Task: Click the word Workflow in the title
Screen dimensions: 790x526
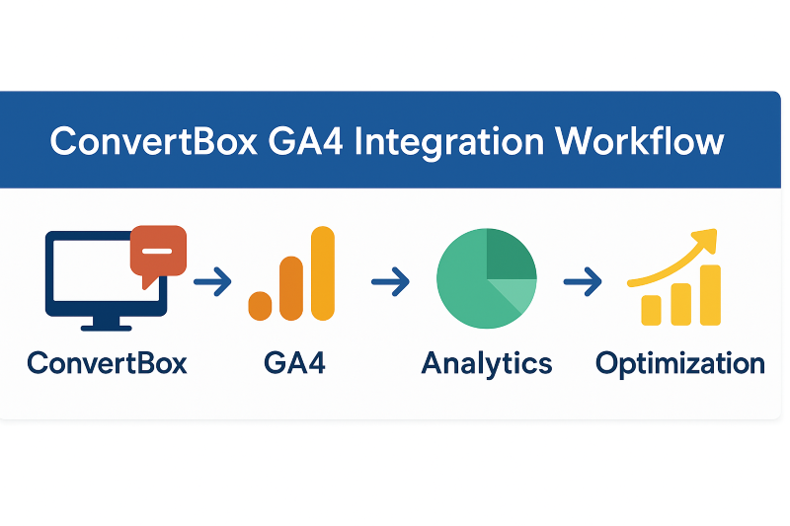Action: pos(639,140)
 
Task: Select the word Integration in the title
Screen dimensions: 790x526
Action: pos(449,143)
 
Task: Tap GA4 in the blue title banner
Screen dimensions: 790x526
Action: pos(306,141)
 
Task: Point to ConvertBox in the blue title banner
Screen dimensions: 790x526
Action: pos(154,141)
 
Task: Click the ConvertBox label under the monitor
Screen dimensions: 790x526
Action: pos(107,363)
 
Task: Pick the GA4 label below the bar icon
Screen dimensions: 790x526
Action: pos(294,363)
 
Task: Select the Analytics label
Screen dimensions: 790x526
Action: pos(487,364)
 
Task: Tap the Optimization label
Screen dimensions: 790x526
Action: pos(680,364)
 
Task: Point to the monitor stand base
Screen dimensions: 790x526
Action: pos(107,329)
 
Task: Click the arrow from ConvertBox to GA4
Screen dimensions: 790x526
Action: pos(212,281)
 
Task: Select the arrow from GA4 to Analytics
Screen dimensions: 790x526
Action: pos(390,281)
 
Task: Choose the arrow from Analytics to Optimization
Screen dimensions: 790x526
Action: pos(583,281)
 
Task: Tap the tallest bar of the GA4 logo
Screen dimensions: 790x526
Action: pos(323,273)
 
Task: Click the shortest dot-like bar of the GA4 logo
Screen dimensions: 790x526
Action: pos(260,306)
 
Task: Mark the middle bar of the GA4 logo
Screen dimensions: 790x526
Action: pos(291,288)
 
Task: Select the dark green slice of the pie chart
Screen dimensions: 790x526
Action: pos(510,255)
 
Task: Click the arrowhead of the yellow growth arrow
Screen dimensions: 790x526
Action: pos(705,240)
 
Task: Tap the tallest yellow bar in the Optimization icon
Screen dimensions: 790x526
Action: pos(710,295)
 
